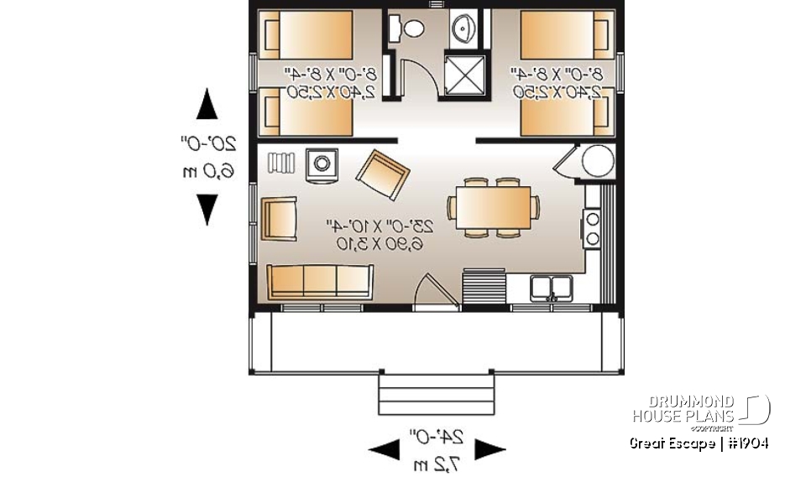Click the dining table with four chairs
point(492,206)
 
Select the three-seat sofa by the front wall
point(320,281)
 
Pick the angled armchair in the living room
point(382,174)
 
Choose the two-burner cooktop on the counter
point(591,228)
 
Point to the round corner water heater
point(598,160)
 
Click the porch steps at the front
point(435,394)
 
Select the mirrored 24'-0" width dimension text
point(437,436)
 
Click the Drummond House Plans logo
point(700,410)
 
